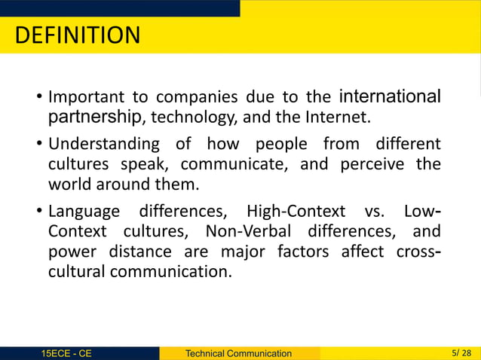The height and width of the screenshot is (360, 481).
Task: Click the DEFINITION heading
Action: click(78, 35)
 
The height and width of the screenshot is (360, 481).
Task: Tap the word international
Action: click(391, 97)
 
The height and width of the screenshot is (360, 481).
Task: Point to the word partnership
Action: click(95, 117)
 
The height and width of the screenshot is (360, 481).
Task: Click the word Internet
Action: click(342, 117)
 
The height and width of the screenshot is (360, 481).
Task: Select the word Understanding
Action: click(104, 144)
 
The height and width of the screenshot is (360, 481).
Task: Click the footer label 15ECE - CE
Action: click(67, 353)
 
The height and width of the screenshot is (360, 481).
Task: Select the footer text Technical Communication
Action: click(238, 353)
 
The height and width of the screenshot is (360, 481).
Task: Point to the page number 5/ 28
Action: click(458, 352)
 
